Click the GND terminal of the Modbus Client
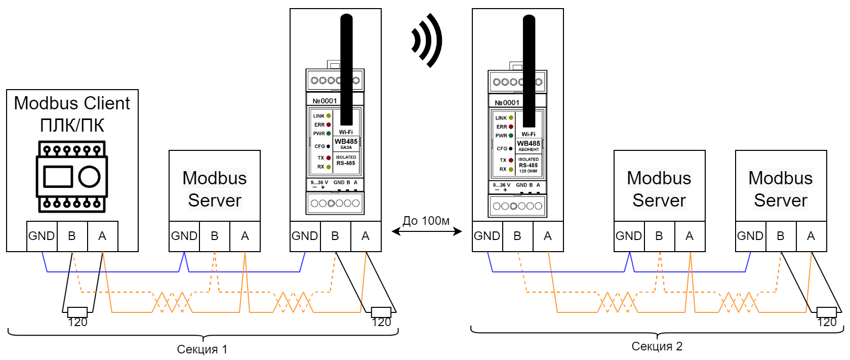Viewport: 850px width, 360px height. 42,236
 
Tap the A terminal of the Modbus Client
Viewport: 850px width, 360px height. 102,236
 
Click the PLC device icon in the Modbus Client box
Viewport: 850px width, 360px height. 71,177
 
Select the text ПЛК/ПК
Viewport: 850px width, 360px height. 72,125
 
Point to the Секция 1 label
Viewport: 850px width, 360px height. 202,349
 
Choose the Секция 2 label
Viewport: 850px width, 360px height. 657,346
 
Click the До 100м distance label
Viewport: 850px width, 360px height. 426,221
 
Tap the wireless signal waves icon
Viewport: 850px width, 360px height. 427,41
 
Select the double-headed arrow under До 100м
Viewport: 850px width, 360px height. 426,231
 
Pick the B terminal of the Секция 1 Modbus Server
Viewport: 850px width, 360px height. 214,236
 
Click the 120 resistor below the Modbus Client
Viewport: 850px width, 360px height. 77,312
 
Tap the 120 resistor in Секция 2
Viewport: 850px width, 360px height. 826,312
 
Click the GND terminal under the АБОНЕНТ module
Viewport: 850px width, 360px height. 487,236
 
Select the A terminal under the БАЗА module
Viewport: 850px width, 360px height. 366,236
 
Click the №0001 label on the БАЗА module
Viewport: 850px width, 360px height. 325,101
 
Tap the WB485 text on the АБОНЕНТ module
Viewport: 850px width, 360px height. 529,143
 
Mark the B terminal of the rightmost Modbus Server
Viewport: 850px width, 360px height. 780,236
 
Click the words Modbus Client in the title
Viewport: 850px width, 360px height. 72,103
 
